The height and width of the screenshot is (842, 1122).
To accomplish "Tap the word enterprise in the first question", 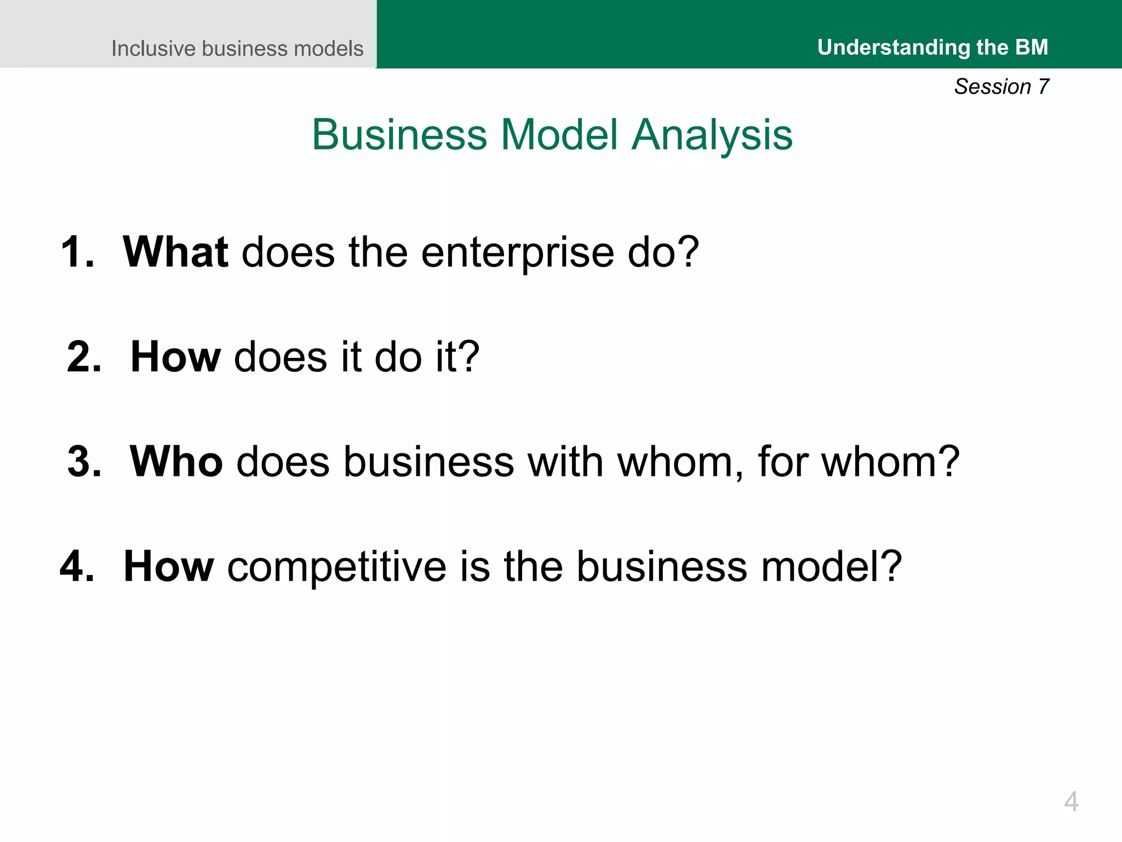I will click(x=518, y=253).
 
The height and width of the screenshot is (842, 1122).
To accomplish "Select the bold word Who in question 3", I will click(x=176, y=462).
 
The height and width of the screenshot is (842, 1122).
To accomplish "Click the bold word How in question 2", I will click(x=175, y=357).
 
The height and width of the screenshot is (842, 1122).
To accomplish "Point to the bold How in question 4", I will click(x=169, y=566).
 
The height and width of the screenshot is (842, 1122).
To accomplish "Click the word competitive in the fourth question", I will click(x=337, y=566).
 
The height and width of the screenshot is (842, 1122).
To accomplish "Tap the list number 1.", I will click(x=77, y=252).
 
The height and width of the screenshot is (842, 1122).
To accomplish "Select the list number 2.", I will click(x=84, y=357).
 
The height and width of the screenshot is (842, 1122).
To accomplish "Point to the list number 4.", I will click(x=77, y=566).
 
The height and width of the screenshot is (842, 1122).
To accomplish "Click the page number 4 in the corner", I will click(x=1071, y=801).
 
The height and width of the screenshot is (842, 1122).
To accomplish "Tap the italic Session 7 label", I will click(x=1001, y=87).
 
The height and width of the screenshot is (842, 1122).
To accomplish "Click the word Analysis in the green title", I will click(x=712, y=135).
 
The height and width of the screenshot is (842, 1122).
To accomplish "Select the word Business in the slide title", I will click(x=399, y=135).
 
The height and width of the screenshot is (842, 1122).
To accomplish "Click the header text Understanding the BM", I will click(x=932, y=47).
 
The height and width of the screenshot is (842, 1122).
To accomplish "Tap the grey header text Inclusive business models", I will click(x=237, y=48).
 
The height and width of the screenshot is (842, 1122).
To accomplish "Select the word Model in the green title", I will click(x=559, y=135).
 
